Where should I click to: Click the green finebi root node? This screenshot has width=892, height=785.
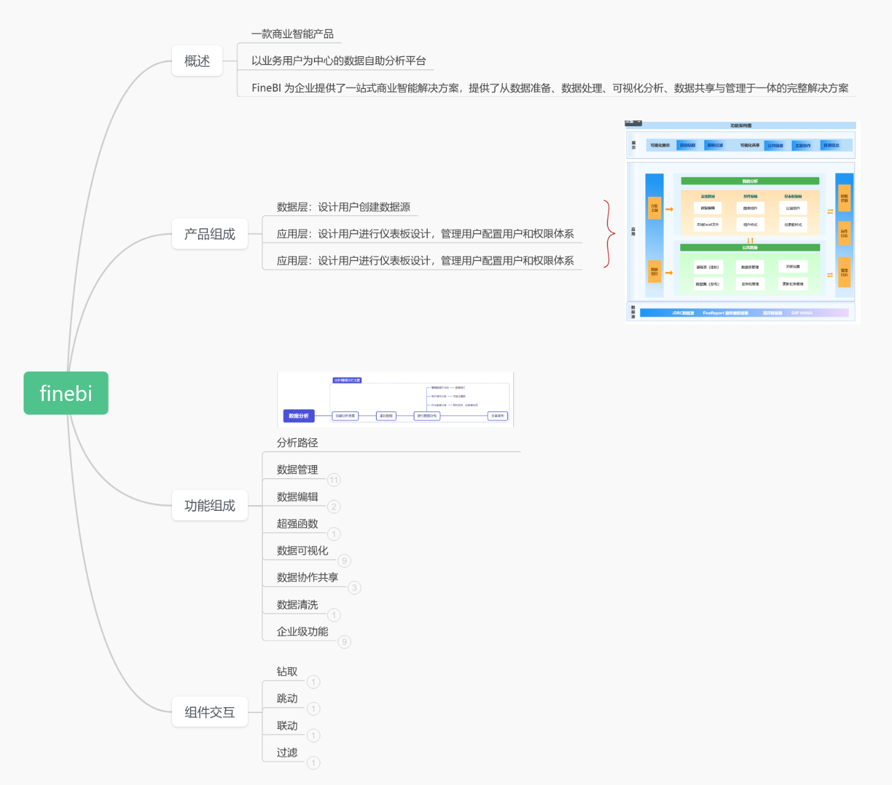click(66, 393)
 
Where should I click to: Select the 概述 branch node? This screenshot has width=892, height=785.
click(197, 61)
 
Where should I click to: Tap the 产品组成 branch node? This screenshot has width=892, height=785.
click(209, 234)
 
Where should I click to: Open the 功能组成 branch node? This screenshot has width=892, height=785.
click(209, 506)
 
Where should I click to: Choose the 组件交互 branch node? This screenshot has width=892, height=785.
click(209, 712)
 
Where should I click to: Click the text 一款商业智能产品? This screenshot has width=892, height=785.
click(292, 34)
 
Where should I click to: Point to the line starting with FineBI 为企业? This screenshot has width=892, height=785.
click(549, 88)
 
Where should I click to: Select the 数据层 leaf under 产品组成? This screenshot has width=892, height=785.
click(343, 207)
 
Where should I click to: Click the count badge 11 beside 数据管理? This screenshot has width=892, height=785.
click(334, 480)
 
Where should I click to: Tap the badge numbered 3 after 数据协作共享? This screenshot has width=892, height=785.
click(354, 588)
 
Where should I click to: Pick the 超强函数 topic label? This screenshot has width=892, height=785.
click(297, 524)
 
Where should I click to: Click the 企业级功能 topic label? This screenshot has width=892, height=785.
click(302, 632)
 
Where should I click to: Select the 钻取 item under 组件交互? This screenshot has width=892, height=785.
click(286, 672)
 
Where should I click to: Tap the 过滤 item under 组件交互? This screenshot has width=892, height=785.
click(286, 753)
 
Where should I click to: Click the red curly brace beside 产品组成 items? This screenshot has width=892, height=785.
click(609, 234)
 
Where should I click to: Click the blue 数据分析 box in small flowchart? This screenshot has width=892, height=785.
click(299, 416)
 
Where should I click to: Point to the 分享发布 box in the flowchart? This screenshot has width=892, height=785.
click(498, 416)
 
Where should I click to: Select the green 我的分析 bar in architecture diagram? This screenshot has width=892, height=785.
click(749, 181)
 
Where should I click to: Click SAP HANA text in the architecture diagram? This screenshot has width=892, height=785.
click(801, 313)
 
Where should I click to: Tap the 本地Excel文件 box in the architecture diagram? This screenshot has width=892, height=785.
click(708, 224)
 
